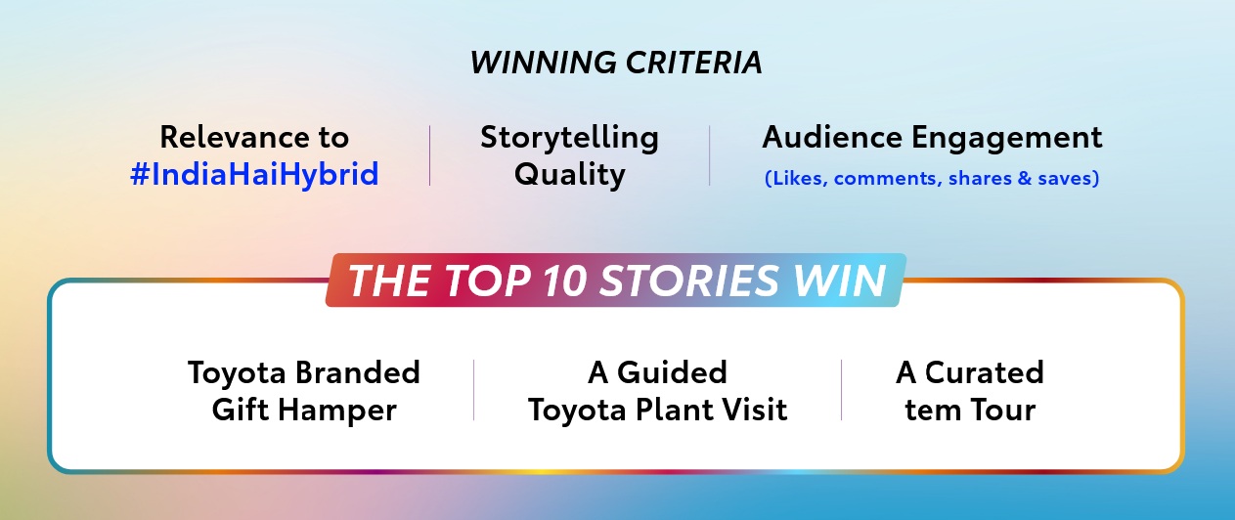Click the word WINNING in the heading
[544, 63]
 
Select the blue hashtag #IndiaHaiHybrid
[254, 175]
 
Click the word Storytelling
[569, 138]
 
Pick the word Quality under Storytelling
[569, 175]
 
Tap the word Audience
[832, 137]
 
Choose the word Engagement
[1007, 139]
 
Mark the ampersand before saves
[1025, 179]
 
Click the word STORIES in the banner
[688, 281]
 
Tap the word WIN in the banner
[839, 281]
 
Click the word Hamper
[337, 411]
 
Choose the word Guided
[672, 372]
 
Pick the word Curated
[984, 372]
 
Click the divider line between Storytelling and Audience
[710, 155]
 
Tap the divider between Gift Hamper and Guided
[473, 390]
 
